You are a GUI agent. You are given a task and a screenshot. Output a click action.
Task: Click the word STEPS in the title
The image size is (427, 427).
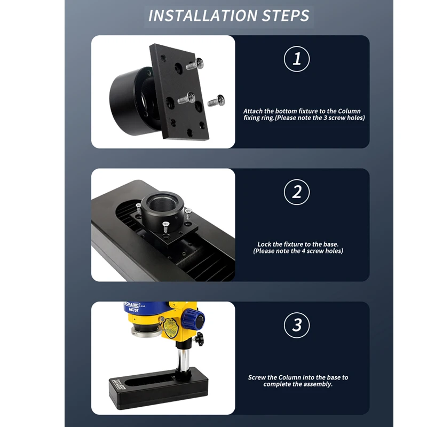tap(286, 15)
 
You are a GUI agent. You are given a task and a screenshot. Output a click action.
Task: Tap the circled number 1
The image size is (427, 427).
tap(297, 59)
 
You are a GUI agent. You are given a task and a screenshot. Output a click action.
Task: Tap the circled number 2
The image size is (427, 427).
tap(297, 192)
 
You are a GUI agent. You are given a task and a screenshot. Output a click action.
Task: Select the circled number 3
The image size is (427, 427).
tap(297, 325)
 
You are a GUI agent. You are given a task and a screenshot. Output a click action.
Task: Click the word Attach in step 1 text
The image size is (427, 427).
tap(253, 111)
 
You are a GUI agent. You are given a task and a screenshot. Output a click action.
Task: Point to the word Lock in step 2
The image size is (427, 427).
tap(264, 244)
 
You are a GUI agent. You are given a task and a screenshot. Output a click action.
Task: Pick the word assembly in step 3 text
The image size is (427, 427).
tap(318, 384)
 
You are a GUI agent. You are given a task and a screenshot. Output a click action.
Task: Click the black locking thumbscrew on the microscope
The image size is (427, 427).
tap(199, 339)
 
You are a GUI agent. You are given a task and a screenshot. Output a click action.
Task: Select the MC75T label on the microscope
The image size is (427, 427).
tap(133, 310)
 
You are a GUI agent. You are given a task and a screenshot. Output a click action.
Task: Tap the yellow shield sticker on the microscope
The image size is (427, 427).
tap(170, 328)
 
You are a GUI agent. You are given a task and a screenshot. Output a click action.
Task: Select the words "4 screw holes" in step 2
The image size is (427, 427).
tap(319, 251)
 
